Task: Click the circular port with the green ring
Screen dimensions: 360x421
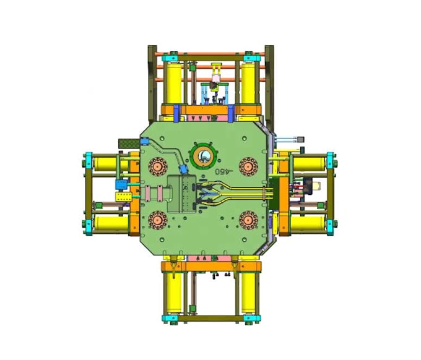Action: tap(202, 154)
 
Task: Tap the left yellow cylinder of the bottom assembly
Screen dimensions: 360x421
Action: tap(172, 294)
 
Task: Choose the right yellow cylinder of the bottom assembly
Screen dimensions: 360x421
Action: tap(249, 294)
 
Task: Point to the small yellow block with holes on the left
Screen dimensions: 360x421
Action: tap(122, 197)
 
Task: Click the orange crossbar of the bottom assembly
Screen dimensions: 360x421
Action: tap(211, 267)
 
